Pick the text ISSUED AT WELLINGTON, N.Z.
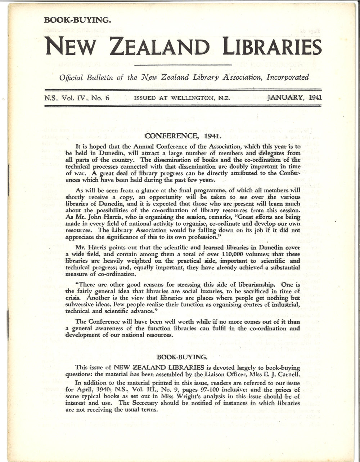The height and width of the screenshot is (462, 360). click(x=181, y=98)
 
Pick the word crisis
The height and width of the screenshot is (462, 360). click(x=74, y=298)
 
